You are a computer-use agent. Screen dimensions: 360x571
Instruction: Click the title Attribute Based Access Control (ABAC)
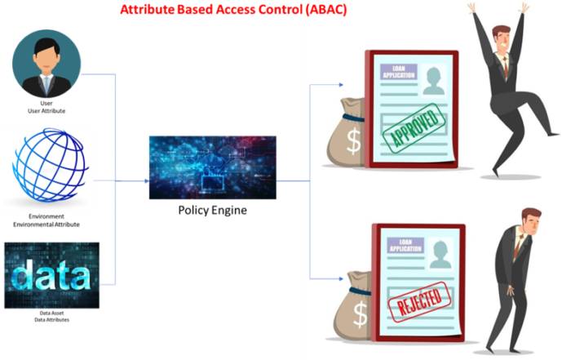pos(232,10)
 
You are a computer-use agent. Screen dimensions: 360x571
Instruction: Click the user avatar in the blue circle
pos(46,63)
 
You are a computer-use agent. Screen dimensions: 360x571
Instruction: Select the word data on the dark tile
pos(51,276)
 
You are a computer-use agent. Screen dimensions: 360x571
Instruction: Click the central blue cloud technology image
pos(212,167)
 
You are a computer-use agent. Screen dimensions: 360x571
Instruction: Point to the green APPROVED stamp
pos(416,127)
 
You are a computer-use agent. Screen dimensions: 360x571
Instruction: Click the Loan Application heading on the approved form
pos(399,71)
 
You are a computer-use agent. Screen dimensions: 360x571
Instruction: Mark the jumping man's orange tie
pos(504,69)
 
